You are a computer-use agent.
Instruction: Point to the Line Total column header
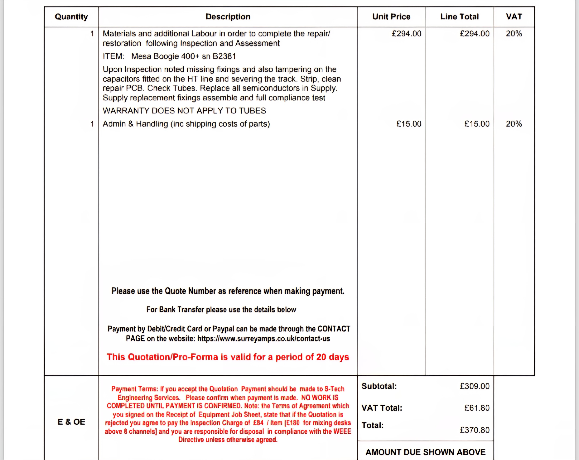click(459, 17)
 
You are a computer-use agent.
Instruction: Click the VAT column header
click(514, 17)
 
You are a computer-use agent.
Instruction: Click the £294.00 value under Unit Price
click(407, 34)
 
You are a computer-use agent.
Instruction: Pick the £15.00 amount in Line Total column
click(477, 124)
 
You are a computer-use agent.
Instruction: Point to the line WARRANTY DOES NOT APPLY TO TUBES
click(184, 111)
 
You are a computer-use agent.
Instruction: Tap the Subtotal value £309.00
click(475, 386)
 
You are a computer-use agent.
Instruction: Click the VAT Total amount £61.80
click(477, 408)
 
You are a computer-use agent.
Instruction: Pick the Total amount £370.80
click(475, 430)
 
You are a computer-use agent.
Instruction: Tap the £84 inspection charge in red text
click(258, 423)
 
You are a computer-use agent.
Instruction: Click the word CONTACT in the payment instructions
click(334, 329)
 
